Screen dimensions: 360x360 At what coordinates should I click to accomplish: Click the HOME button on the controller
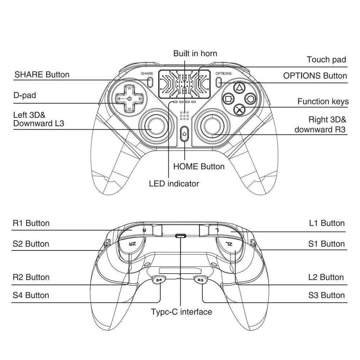184,134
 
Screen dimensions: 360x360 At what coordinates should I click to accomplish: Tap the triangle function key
239,87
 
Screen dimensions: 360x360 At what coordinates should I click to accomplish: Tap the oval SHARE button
150,81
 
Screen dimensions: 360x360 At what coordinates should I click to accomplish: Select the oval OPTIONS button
219,81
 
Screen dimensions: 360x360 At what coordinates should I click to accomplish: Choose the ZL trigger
229,244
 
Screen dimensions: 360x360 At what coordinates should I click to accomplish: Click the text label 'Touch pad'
326,60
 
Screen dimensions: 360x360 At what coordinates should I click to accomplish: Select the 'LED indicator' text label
174,184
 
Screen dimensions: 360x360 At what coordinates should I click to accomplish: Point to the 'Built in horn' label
195,54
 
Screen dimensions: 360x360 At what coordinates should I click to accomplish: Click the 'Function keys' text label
323,102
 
